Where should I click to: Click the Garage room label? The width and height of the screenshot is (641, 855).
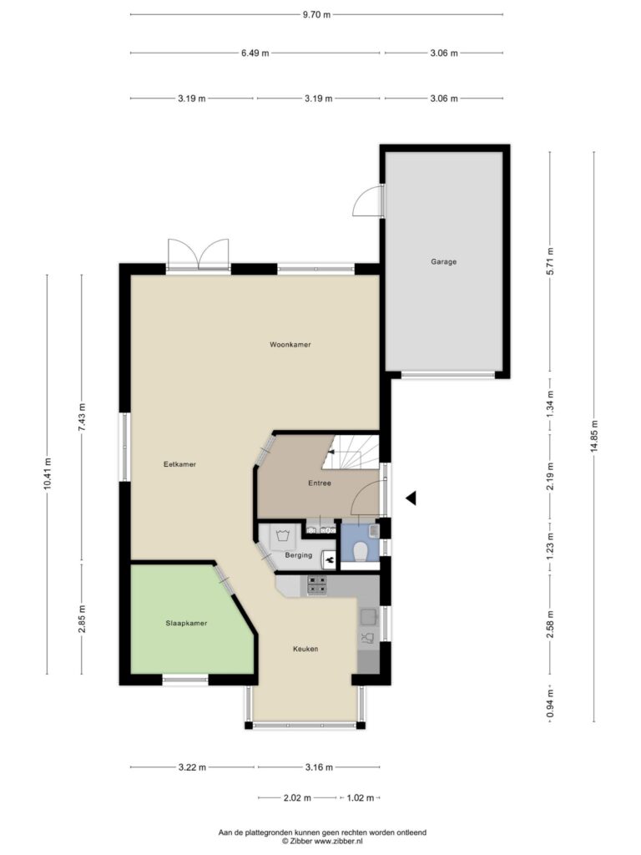click(443, 261)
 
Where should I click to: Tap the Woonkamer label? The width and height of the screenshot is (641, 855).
click(290, 345)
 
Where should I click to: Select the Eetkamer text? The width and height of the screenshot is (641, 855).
click(179, 464)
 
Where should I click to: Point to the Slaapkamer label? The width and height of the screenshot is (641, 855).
click(186, 623)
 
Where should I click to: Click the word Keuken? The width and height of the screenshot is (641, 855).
click(305, 649)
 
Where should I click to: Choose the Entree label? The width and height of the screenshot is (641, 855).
click(320, 483)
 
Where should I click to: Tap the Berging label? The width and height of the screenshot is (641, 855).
click(299, 555)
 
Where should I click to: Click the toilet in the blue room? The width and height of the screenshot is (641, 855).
click(360, 552)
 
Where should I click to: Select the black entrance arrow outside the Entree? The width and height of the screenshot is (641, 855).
click(411, 498)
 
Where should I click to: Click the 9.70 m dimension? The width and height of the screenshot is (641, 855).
click(316, 15)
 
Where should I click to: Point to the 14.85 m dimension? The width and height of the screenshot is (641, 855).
click(594, 436)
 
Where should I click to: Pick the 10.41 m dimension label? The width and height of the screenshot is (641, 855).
click(47, 473)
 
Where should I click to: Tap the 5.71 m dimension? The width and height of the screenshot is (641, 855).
click(550, 261)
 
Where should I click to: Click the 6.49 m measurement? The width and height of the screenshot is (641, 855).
click(255, 53)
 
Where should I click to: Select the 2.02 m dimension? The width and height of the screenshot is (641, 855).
click(297, 797)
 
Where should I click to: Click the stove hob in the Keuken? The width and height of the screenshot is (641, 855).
click(316, 585)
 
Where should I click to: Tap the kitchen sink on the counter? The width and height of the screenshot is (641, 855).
click(368, 616)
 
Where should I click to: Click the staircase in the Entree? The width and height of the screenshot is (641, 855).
click(350, 452)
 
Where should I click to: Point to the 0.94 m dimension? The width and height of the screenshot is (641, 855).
click(550, 704)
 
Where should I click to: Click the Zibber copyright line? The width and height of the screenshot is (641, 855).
click(322, 842)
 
